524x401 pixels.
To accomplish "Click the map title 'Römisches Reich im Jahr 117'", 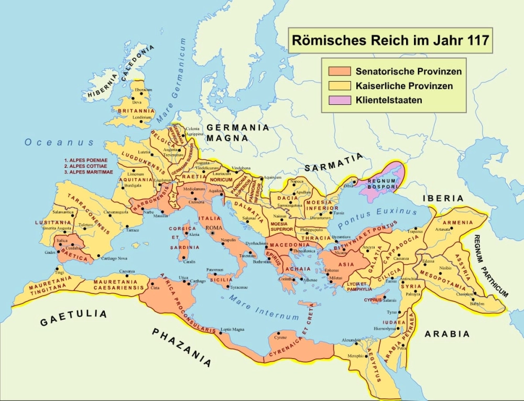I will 390,40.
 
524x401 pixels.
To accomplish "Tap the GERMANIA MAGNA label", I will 237,133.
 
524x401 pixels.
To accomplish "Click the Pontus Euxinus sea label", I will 378,216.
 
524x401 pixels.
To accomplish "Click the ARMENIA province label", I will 457,222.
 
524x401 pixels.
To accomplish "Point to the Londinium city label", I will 142,117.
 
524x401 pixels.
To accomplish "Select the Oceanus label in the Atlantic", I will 59,142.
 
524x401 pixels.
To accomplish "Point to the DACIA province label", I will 288,198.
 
